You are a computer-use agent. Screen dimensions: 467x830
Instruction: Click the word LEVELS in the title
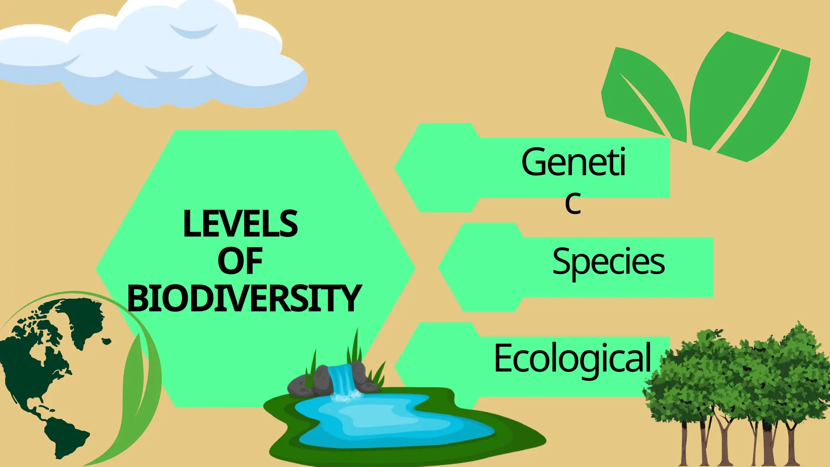coord(240,224)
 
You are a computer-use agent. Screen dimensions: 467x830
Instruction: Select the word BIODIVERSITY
coord(244,299)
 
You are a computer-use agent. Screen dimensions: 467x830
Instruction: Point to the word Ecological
coord(572,358)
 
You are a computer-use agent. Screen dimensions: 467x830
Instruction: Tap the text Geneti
coord(573,162)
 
